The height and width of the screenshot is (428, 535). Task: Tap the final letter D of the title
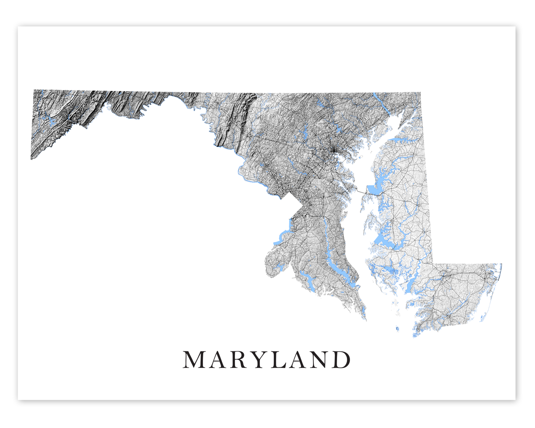click(x=341, y=360)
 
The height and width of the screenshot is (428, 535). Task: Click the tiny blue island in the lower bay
click(x=396, y=329)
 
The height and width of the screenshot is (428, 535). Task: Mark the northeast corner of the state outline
click(x=421, y=93)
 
